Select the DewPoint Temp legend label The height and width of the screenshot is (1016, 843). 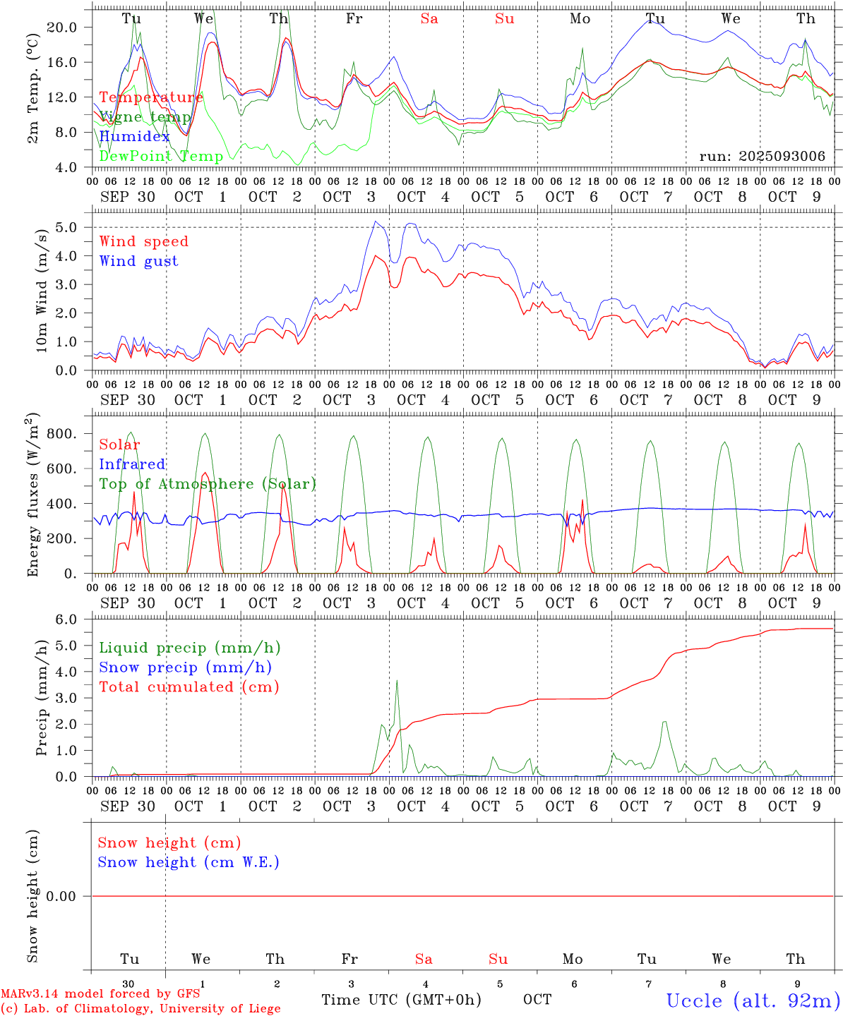161,156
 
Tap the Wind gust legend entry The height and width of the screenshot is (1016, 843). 138,261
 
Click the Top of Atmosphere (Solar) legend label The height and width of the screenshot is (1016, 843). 207,484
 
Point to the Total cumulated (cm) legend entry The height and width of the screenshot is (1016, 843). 189,687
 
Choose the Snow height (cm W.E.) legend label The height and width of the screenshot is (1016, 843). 188,862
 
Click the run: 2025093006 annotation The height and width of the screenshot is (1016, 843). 762,156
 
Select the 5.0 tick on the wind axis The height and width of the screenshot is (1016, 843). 67,227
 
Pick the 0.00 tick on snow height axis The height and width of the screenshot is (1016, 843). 61,896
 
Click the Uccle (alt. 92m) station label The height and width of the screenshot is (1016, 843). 753,1000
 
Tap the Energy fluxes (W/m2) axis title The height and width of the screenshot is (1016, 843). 32,496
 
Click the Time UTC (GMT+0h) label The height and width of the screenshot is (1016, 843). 401,999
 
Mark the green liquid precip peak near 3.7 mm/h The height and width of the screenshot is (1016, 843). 397,680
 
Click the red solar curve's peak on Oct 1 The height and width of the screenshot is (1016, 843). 205,473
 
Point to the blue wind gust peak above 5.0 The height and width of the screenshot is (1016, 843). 376,222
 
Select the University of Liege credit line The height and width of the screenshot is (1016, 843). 140,1008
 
